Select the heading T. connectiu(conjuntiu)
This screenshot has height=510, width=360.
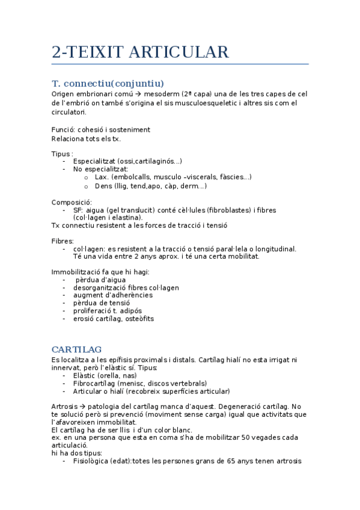[x=108, y=83]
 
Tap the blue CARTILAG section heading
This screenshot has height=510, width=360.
[x=76, y=349]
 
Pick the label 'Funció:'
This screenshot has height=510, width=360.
[x=64, y=129]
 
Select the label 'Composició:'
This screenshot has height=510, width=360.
[x=72, y=202]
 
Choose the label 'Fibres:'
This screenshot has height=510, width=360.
[x=63, y=241]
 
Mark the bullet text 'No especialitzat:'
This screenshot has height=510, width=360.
[x=100, y=169]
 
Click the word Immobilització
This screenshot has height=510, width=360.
[x=77, y=272]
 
